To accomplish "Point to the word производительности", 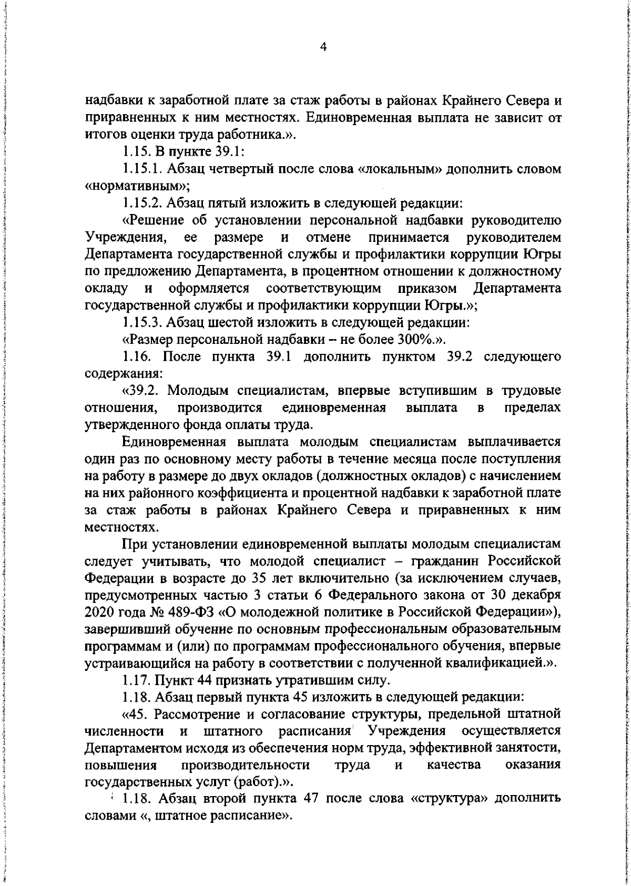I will pyautogui.click(x=245, y=765).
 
